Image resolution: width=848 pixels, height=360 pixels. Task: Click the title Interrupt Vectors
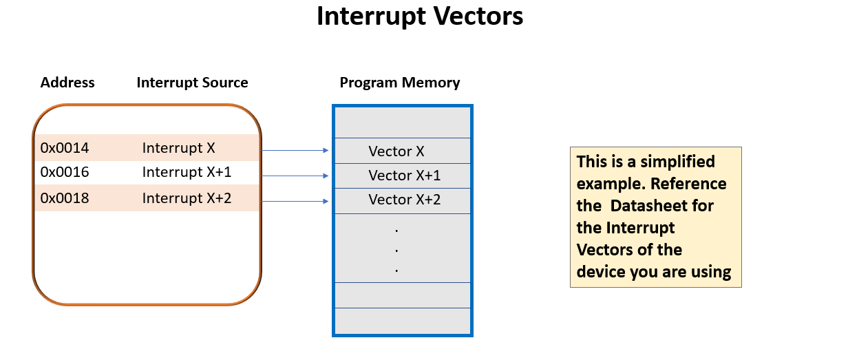click(x=420, y=17)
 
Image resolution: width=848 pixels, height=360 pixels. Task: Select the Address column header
click(x=67, y=83)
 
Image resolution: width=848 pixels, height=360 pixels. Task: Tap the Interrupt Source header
click(x=192, y=83)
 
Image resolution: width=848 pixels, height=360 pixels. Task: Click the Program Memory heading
click(x=400, y=83)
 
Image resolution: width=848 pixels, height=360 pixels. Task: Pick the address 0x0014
click(x=65, y=148)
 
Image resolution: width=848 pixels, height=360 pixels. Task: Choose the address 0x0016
click(x=65, y=172)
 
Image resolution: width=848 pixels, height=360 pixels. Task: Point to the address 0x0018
click(x=65, y=198)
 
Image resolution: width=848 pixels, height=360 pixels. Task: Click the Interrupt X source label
click(x=179, y=148)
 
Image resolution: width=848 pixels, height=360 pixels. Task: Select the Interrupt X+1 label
click(x=187, y=172)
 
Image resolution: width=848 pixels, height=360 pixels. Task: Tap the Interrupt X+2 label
click(x=187, y=198)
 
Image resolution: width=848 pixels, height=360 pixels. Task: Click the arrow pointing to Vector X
click(x=295, y=150)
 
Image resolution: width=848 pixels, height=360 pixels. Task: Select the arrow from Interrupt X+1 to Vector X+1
click(x=295, y=176)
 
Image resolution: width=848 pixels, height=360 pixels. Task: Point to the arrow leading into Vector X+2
click(x=295, y=201)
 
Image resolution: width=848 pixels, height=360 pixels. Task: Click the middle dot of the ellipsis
click(x=397, y=249)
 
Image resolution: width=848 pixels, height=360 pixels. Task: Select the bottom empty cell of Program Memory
click(x=403, y=321)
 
